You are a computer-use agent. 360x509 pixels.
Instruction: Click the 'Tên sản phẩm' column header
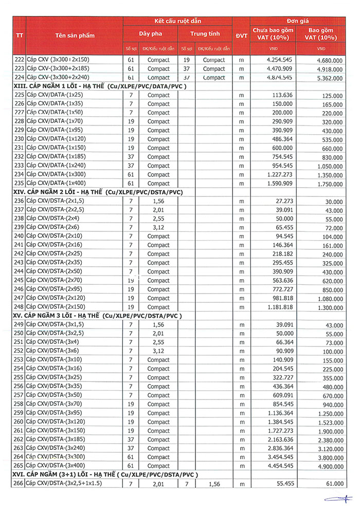(75, 35)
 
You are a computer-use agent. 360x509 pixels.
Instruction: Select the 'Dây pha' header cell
(150, 33)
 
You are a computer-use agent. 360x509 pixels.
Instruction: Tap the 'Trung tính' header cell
(205, 33)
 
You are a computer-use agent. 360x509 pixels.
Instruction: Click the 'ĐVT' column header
(241, 35)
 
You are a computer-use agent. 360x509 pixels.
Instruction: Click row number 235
(20, 184)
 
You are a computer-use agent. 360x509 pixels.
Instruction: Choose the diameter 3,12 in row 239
(158, 227)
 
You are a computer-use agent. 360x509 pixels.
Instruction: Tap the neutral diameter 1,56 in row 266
(213, 484)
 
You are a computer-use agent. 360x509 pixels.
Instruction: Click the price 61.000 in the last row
(333, 484)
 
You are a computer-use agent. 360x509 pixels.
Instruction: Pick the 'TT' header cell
(20, 35)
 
